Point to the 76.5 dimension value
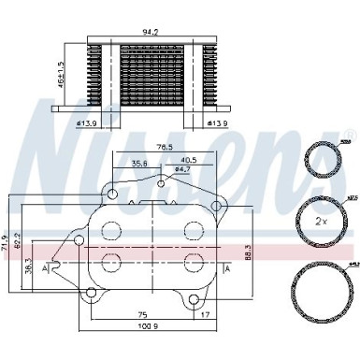click(166, 147)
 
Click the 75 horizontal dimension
click(141, 313)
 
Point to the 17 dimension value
click(205, 313)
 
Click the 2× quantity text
click(320, 223)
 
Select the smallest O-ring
click(320, 160)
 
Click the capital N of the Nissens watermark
click(70, 150)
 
